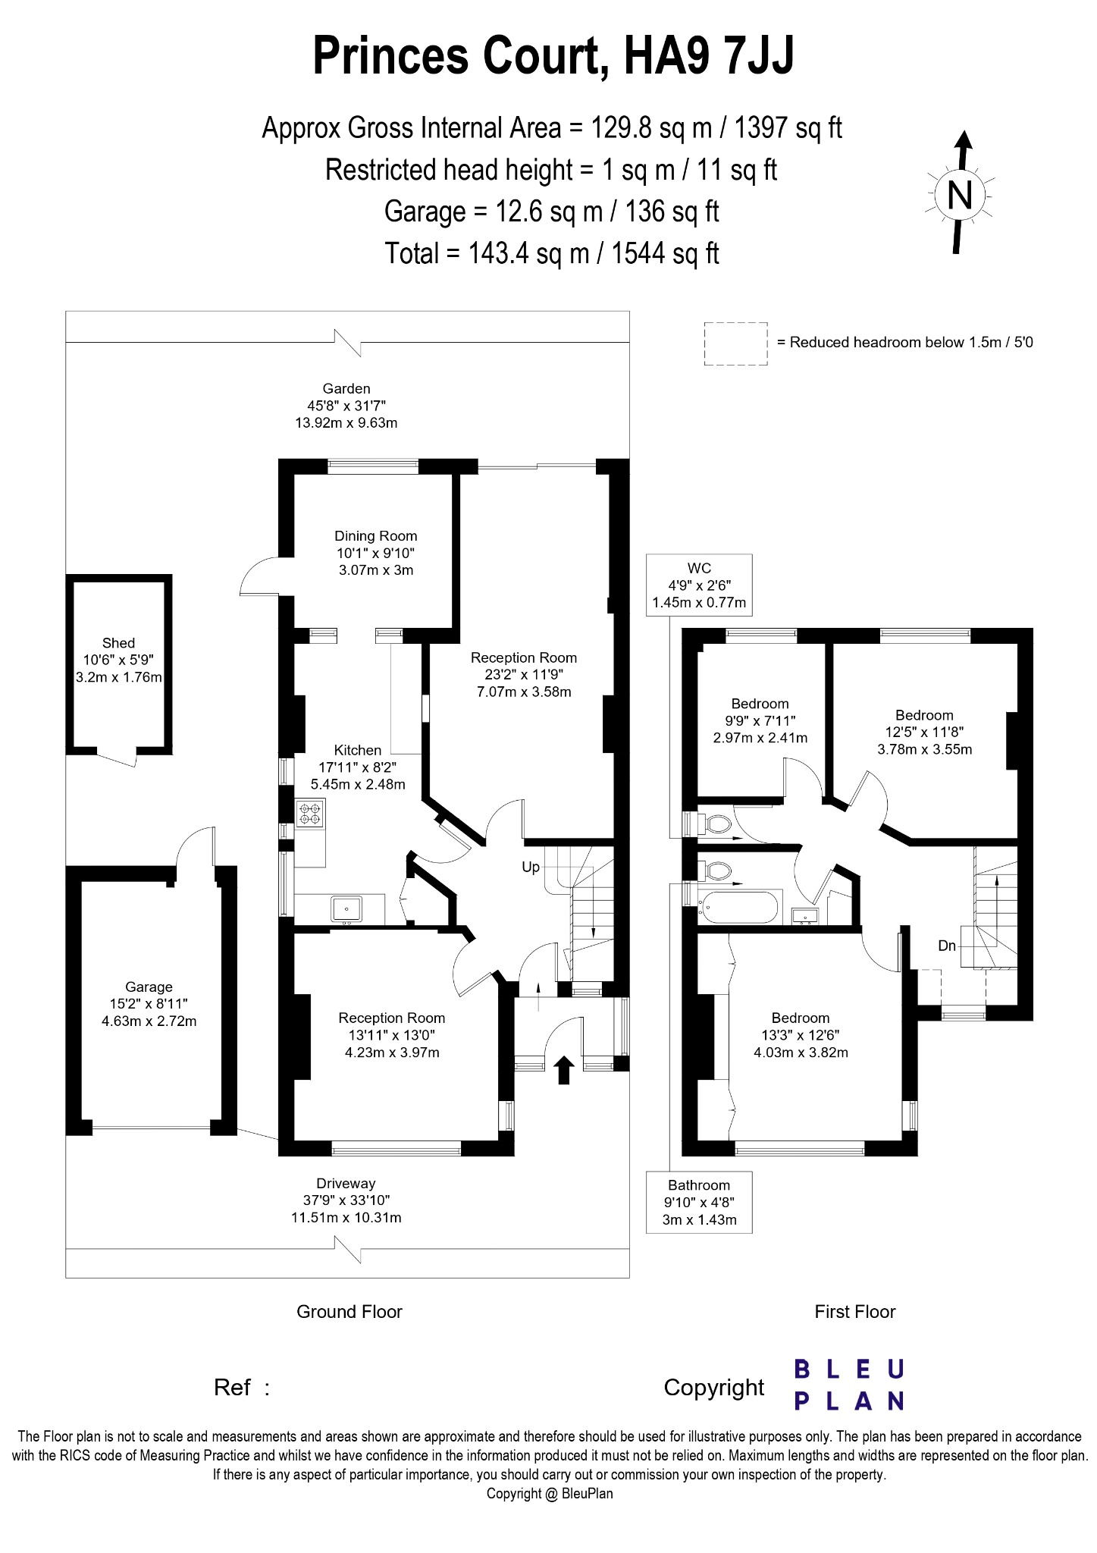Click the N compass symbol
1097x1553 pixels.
tap(960, 196)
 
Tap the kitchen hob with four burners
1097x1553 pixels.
tap(310, 814)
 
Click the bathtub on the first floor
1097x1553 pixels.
tap(738, 906)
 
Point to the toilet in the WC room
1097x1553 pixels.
tap(713, 823)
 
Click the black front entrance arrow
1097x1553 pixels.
tap(563, 1070)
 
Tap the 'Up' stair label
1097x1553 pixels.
tap(531, 867)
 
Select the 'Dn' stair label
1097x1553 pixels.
tap(947, 946)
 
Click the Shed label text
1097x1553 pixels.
tap(118, 643)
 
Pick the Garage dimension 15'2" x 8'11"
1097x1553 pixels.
tap(149, 1004)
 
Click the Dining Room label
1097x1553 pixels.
tap(376, 535)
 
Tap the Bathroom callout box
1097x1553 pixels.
tap(698, 1203)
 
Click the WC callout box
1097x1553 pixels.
tap(699, 585)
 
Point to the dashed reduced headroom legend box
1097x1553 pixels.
tap(735, 344)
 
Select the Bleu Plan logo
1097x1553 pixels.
tap(848, 1385)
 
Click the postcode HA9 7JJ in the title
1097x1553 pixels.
tap(709, 55)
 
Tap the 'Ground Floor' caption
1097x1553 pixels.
tap(349, 1312)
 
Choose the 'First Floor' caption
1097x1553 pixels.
tap(854, 1312)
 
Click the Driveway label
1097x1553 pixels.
tap(346, 1184)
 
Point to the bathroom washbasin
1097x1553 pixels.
tap(804, 916)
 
